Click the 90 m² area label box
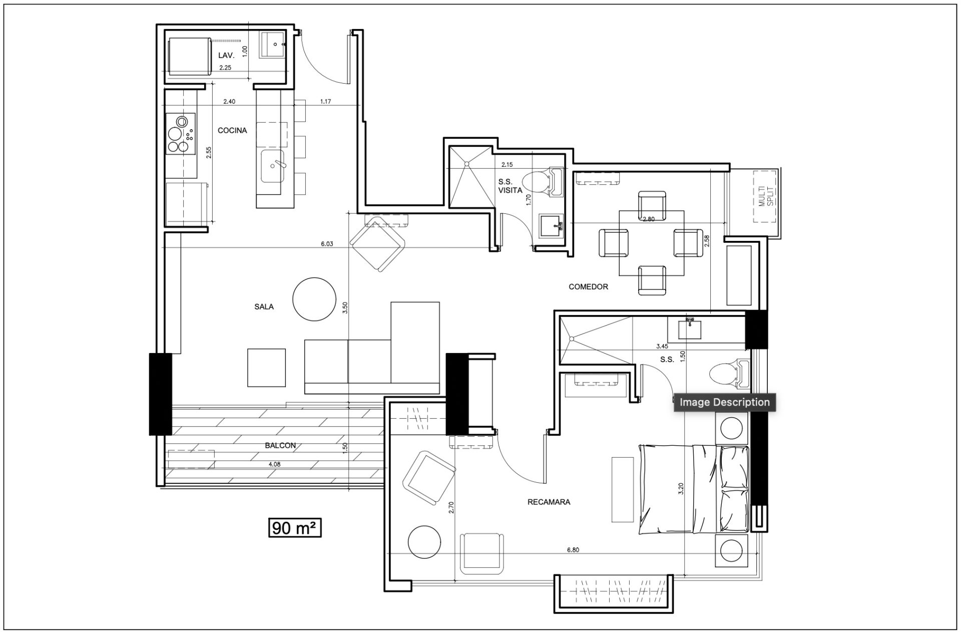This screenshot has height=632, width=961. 295,528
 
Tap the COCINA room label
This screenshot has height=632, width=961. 232,130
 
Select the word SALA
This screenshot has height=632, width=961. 264,306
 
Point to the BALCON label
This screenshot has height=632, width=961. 280,445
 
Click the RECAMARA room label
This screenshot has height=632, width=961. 549,502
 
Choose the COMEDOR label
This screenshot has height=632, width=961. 588,287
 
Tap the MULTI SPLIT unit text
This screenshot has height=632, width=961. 766,196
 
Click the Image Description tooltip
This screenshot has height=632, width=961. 724,402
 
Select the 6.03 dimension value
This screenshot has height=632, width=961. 327,244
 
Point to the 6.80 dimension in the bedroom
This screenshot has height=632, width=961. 573,549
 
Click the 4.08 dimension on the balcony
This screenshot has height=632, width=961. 274,464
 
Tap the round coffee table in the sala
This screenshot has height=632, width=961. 314,299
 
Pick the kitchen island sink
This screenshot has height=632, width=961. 273,166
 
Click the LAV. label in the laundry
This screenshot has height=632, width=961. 226,56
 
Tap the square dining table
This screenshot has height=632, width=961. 652,243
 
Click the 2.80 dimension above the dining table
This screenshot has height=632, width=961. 648,219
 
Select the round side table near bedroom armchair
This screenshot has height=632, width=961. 424,542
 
